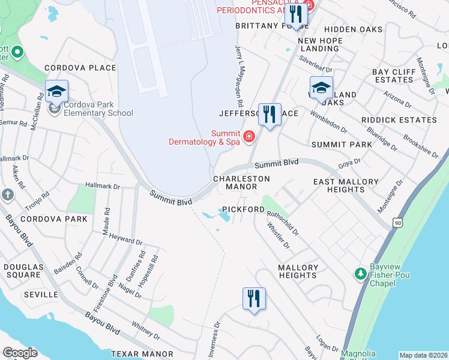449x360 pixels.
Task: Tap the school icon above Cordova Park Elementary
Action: tap(56, 91)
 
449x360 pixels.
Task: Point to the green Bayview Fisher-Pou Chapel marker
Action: tap(360, 274)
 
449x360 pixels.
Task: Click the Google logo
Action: tap(20, 353)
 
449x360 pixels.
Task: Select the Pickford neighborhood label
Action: tap(243, 209)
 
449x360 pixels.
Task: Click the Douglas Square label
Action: tap(22, 271)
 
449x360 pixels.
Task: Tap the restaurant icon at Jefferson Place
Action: tap(270, 113)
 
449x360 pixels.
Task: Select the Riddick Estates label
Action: tap(399, 120)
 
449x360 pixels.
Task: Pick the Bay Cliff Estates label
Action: tap(393, 76)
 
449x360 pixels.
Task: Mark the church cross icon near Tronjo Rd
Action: tap(7, 194)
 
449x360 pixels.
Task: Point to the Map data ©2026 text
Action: tap(423, 355)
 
